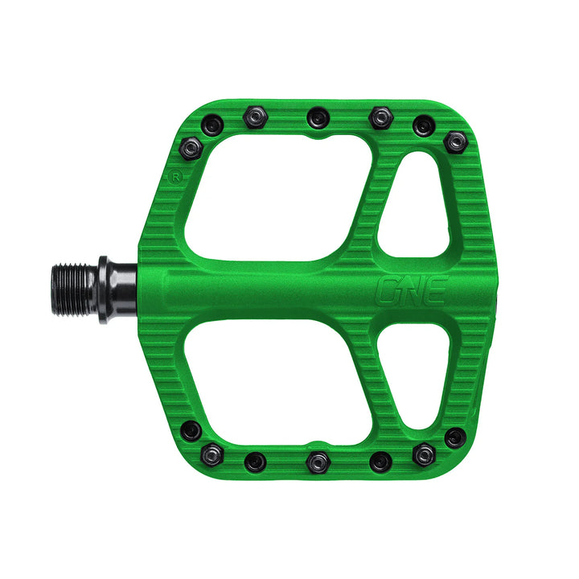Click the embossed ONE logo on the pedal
pos(411,290)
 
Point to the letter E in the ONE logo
pos(434,290)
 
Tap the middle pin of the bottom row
pos(315,461)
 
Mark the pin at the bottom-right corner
pos(455,438)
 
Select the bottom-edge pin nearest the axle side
pos(191,431)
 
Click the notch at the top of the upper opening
pos(318,138)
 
